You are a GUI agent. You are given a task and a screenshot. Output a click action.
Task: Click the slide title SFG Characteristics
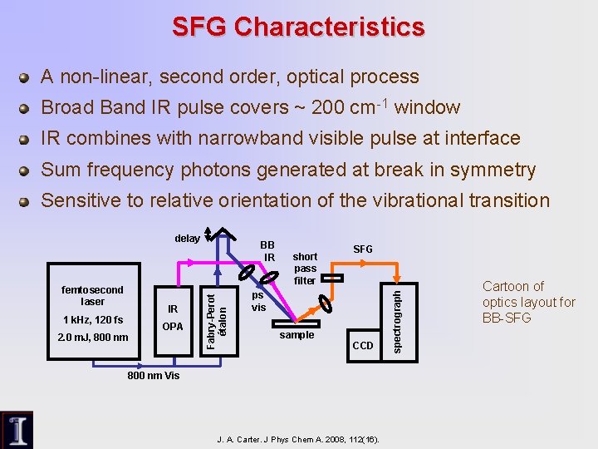tap(298, 27)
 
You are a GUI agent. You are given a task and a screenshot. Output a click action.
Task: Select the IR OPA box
tap(173, 317)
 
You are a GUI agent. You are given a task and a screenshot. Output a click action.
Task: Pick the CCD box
tap(364, 343)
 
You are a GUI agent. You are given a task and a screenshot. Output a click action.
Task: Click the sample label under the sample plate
tap(297, 335)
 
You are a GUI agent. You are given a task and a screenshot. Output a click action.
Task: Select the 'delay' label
tap(187, 238)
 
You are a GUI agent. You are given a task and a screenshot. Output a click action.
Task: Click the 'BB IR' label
tap(267, 251)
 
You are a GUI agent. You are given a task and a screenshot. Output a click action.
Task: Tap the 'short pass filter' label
tap(305, 269)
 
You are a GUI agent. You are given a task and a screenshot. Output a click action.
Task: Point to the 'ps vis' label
tap(259, 301)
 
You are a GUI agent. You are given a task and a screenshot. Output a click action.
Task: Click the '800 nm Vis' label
tap(153, 376)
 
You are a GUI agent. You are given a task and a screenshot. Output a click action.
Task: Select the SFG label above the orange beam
tap(363, 249)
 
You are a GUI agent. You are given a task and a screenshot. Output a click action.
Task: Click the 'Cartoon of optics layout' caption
tap(528, 302)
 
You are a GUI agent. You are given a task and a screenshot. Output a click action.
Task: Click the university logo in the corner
tap(17, 430)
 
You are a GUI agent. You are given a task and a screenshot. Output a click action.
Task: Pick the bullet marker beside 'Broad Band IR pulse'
tap(25, 108)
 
